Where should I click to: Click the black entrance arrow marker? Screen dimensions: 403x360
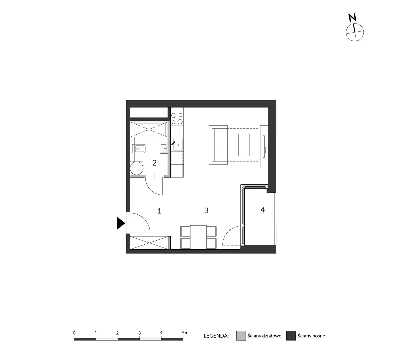[120, 223]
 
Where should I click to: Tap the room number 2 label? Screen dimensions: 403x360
[154, 163]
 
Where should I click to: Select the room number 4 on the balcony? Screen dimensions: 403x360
[263, 210]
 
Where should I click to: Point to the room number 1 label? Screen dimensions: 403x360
[159, 211]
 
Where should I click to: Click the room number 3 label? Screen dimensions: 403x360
[206, 210]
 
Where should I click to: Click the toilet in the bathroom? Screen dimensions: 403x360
[139, 149]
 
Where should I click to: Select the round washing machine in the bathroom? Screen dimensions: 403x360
[136, 168]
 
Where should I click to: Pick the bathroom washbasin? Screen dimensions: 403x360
[164, 149]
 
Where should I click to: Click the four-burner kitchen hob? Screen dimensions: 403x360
[177, 119]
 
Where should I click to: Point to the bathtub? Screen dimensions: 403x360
[150, 129]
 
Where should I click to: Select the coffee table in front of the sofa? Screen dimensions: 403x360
[244, 145]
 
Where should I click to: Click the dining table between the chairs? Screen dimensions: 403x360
[198, 237]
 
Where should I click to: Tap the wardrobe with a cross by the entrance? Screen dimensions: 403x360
[150, 243]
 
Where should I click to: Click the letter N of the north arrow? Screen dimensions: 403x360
[352, 18]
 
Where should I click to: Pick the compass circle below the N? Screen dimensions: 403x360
[355, 32]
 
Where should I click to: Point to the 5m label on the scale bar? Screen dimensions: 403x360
[185, 333]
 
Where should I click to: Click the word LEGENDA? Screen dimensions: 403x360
[216, 336]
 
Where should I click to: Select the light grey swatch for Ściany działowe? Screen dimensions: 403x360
[241, 336]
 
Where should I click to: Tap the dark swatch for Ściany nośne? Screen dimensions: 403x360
[291, 336]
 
